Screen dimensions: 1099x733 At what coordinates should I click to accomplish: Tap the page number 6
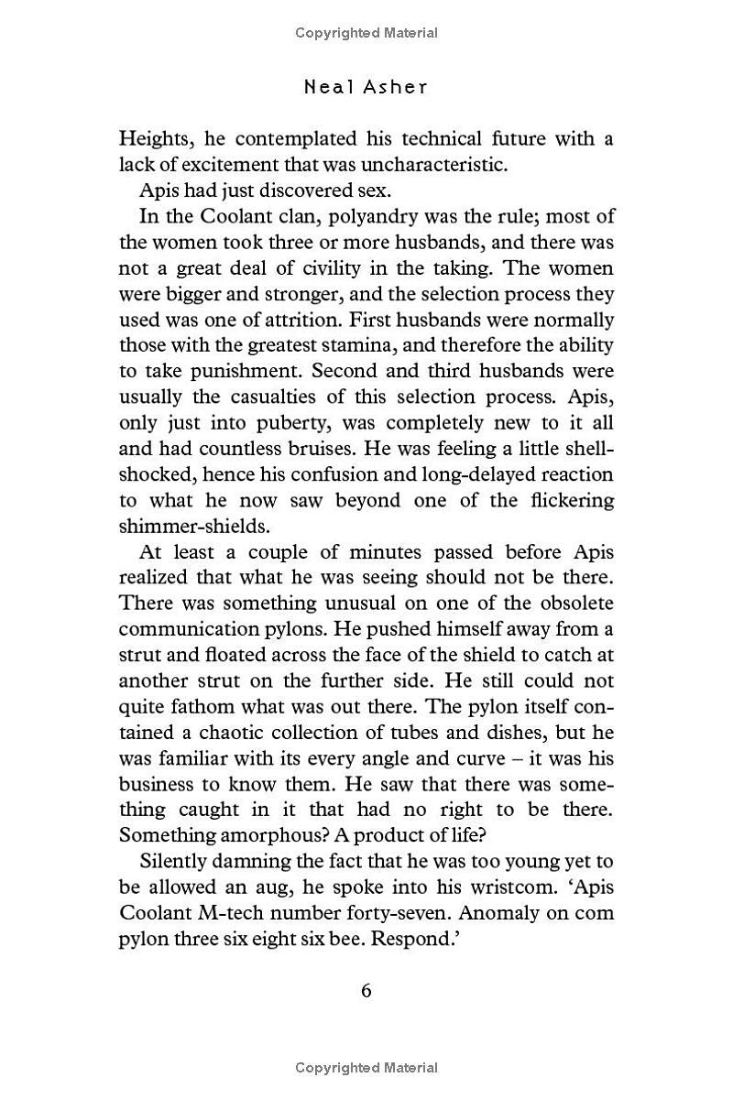366,991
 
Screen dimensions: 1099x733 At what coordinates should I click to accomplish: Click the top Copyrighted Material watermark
366,33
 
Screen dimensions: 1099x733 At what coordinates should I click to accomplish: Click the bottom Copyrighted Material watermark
366,1067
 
